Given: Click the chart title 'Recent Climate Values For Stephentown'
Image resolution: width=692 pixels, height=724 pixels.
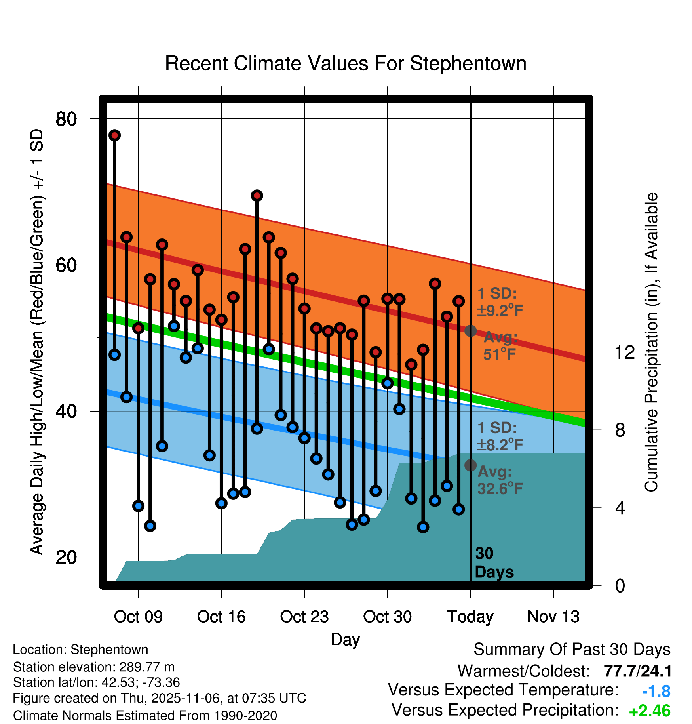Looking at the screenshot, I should pos(346,63).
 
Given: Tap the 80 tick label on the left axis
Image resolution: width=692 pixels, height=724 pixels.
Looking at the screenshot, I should pos(67,118).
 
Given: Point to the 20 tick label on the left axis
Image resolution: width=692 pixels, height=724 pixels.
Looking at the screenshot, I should pos(67,557).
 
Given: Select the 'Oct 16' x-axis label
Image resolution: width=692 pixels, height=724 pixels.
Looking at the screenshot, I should pos(221,617).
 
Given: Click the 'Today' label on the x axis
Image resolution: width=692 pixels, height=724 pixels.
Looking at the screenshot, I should pos(470,617).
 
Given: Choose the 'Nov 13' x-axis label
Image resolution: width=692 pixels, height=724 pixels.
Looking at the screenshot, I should pos(553,617).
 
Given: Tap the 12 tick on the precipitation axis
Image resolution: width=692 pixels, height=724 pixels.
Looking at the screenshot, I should pos(624,352).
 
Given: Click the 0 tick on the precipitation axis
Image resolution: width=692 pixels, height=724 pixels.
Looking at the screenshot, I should pos(620,585).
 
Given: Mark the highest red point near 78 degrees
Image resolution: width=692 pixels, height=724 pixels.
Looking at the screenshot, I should pos(115,135).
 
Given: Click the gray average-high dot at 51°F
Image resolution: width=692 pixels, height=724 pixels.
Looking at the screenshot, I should pos(470,331).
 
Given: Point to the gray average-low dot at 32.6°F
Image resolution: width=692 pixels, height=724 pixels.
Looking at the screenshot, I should pos(470,465).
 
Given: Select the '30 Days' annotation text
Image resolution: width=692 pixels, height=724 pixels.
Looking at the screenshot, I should pos(494,563).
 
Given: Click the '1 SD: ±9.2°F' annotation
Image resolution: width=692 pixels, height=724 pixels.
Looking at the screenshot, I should pos(500,302).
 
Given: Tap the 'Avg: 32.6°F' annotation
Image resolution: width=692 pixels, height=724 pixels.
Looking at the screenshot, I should pos(500,480).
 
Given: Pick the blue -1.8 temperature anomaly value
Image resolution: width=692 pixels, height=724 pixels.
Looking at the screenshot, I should pos(656,691).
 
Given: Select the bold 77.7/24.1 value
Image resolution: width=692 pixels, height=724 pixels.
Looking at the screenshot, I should pos(637,671).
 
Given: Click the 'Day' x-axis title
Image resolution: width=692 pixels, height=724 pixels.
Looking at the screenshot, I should pos(345,639).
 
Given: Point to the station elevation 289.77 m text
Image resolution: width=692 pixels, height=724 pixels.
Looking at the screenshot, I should pos(94,667).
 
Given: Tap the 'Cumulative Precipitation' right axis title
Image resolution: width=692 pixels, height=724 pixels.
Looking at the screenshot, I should pos(651,343).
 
